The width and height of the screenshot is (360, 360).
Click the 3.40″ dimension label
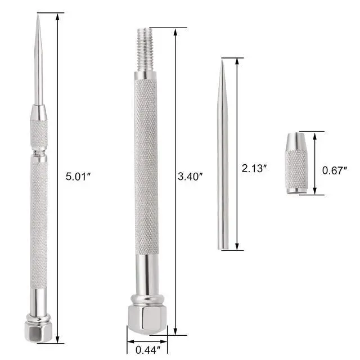pos(190,176)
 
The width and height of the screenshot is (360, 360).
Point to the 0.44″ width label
pos(147,348)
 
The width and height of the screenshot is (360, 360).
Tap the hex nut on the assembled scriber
pos(39,330)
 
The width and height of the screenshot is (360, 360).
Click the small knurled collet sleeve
pos(296,163)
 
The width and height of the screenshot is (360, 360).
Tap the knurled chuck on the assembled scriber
pos(39,132)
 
